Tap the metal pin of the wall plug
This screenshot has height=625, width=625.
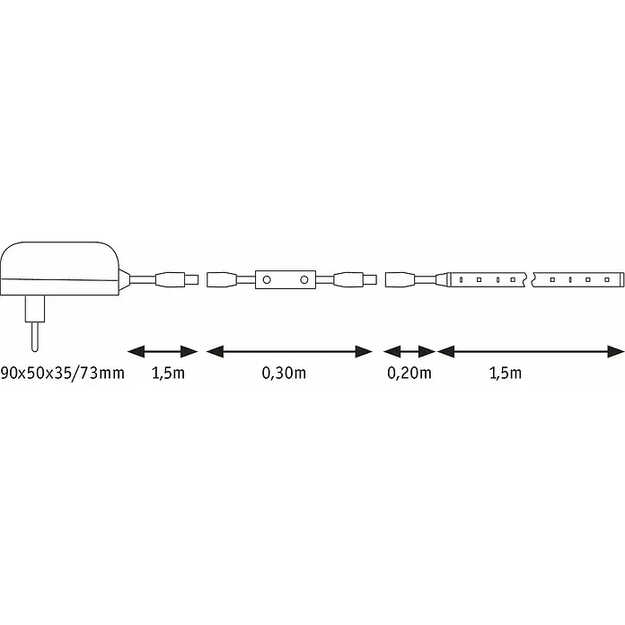point(35,337)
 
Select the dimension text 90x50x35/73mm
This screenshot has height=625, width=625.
point(62,373)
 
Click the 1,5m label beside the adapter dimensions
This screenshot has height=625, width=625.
point(168,373)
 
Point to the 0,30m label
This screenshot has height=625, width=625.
point(284,373)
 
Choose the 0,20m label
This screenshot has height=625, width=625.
point(409,373)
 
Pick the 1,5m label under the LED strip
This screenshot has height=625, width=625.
point(506,373)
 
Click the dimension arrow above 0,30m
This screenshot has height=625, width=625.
point(289,352)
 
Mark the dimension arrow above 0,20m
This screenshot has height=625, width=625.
point(409,352)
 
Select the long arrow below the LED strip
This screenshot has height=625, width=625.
point(531,352)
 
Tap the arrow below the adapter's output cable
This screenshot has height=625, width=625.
point(163,352)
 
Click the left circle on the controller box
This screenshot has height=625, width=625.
point(267,280)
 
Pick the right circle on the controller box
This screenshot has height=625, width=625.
point(304,280)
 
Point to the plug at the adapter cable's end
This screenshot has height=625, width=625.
point(177,280)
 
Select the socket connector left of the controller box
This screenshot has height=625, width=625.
point(223,280)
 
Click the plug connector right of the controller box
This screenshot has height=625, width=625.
point(355,280)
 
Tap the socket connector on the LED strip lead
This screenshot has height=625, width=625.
point(401,280)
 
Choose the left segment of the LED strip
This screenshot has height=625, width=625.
point(487,280)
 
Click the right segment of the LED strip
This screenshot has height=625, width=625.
point(578,280)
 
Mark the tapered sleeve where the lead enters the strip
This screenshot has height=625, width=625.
point(441,280)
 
